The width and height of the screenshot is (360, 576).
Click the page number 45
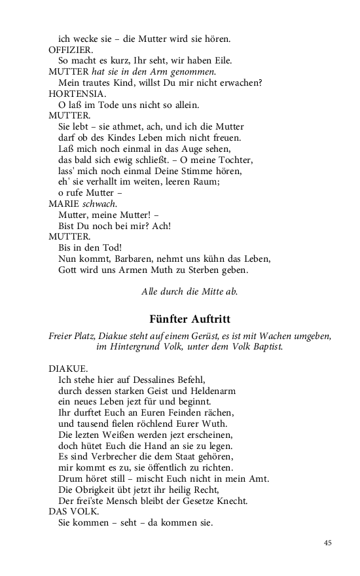328,543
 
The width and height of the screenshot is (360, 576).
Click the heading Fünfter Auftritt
189,319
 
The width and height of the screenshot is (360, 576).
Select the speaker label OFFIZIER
71,49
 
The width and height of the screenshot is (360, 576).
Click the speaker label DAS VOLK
71,512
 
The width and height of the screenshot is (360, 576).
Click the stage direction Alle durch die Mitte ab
189,291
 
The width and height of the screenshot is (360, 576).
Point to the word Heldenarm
213,391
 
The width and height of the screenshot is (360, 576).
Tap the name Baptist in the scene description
265,346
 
